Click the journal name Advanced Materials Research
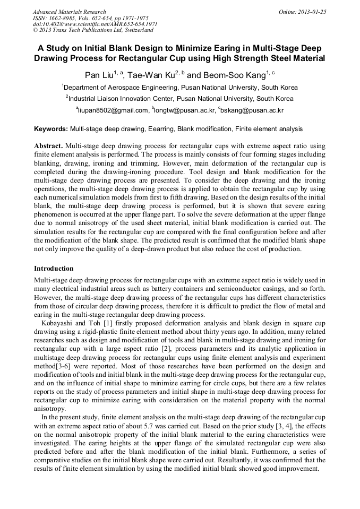[x=69, y=12]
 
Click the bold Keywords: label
[x=51, y=129]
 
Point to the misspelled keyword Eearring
[x=160, y=129]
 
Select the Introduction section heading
[x=54, y=269]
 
